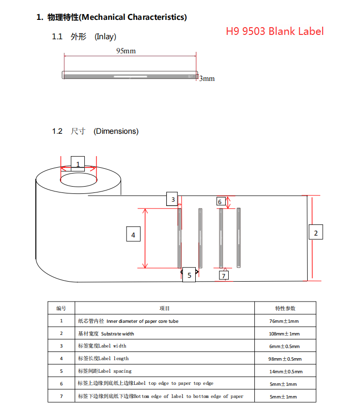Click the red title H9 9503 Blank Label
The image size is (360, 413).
[x=275, y=32]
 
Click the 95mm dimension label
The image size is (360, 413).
[x=126, y=50]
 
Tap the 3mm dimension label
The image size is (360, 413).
[x=207, y=79]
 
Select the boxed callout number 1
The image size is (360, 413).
[x=78, y=164]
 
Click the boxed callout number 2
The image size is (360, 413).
[x=316, y=233]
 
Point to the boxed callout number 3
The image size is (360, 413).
[x=172, y=199]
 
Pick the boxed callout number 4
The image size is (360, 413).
[x=133, y=235]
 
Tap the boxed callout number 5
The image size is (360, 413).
[x=189, y=275]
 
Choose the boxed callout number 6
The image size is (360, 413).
[x=219, y=202]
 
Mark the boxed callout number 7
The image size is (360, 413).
[x=223, y=275]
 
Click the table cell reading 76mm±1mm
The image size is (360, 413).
[x=285, y=321]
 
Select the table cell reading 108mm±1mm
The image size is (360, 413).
[x=285, y=334]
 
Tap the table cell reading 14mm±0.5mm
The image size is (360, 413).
[x=286, y=371]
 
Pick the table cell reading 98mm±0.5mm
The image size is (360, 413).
[x=285, y=359]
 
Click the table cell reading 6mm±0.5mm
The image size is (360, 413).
[x=285, y=346]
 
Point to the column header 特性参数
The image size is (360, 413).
[x=285, y=308]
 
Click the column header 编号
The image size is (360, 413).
[x=61, y=308]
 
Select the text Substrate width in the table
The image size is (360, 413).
[x=118, y=334]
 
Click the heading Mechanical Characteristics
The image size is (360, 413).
[x=133, y=17]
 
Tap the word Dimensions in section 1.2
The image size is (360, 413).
[x=116, y=131]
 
